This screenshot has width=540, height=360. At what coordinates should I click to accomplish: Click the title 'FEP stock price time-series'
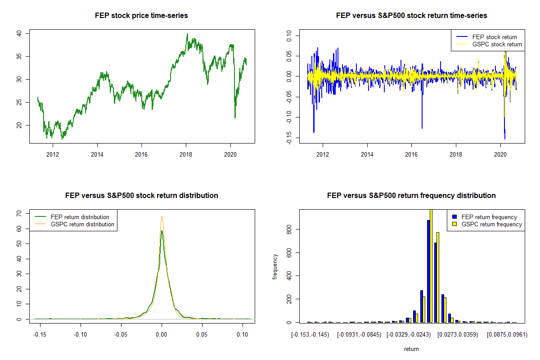pyautogui.click(x=141, y=16)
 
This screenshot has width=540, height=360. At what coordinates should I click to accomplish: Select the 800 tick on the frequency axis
pyautogui.click(x=288, y=229)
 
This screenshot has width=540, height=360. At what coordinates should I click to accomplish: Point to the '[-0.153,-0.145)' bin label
pyautogui.click(x=310, y=335)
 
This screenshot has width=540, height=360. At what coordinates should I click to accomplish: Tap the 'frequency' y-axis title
pyautogui.click(x=275, y=267)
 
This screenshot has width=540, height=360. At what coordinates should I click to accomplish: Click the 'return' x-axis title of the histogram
pyautogui.click(x=411, y=349)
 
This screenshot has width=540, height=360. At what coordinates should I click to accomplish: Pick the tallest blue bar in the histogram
pyautogui.click(x=428, y=271)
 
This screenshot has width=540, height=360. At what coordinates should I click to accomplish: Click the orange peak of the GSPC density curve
pyautogui.click(x=162, y=216)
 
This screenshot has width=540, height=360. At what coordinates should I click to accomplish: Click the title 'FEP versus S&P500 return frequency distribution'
pyautogui.click(x=411, y=196)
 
